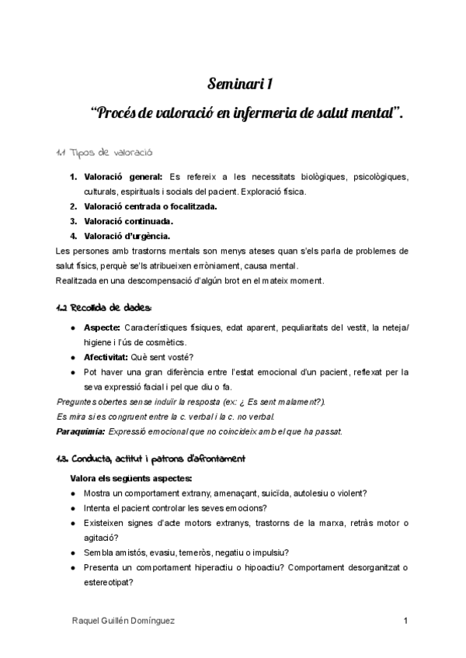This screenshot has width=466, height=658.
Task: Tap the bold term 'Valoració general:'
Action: coord(123,177)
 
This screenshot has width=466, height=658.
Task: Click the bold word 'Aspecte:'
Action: coord(101,328)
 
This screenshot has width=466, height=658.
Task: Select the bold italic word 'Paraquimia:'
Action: coord(81,431)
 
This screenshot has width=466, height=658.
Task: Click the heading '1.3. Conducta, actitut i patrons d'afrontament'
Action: coord(151,459)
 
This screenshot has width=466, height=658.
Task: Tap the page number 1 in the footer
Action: coord(405,622)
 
